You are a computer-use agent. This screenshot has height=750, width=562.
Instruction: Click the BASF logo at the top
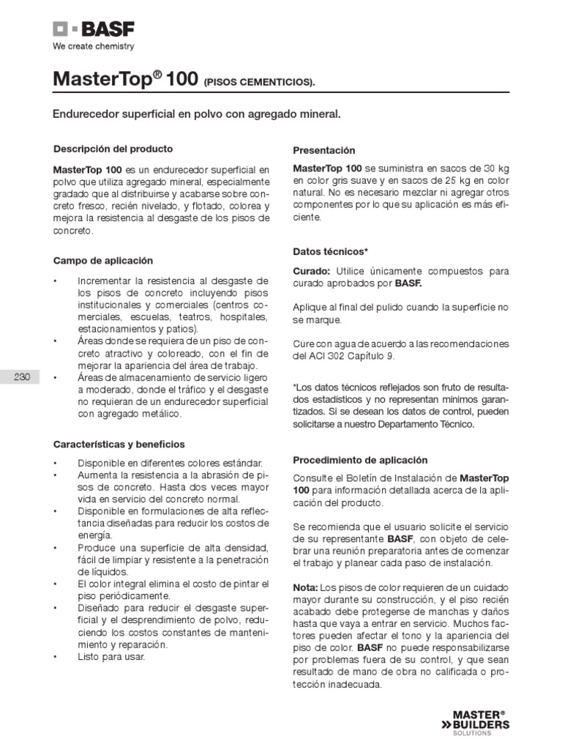pyautogui.click(x=93, y=29)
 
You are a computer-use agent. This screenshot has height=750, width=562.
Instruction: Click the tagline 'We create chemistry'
pyautogui.click(x=93, y=47)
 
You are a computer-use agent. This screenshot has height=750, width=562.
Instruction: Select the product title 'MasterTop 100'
pyautogui.click(x=120, y=79)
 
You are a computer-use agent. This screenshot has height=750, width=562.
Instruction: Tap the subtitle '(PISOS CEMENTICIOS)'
pyautogui.click(x=260, y=82)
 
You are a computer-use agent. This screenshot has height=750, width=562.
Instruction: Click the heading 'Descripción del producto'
pyautogui.click(x=113, y=149)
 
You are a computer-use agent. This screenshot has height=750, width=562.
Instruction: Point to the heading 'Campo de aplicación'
pyautogui.click(x=103, y=260)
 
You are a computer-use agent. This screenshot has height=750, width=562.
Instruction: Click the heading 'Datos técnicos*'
pyautogui.click(x=330, y=251)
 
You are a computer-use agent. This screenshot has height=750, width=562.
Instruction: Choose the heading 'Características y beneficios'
pyautogui.click(x=119, y=444)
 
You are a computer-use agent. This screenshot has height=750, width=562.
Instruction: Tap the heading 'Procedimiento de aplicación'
pyautogui.click(x=360, y=460)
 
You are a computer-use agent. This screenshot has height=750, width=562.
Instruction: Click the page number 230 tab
pyautogui.click(x=22, y=377)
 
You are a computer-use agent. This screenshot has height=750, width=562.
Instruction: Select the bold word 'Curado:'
pyautogui.click(x=312, y=271)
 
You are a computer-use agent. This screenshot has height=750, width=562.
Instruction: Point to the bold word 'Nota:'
pyautogui.click(x=305, y=588)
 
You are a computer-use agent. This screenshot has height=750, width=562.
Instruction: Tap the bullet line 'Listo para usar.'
pyautogui.click(x=112, y=657)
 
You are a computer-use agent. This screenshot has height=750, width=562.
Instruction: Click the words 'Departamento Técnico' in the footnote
pyautogui.click(x=424, y=424)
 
